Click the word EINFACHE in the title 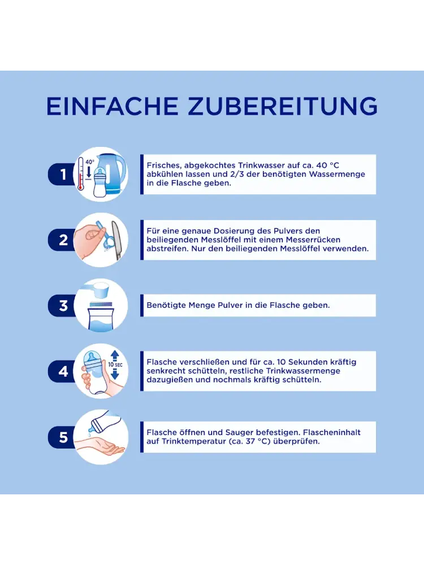pyautogui.click(x=112, y=106)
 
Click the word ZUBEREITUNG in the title pyautogui.click(x=283, y=106)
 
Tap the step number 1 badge pyautogui.click(x=62, y=175)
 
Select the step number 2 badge pyautogui.click(x=62, y=240)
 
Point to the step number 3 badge pyautogui.click(x=62, y=306)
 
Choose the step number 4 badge pyautogui.click(x=62, y=371)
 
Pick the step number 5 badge pyautogui.click(x=62, y=437)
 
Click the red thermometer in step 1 pyautogui.click(x=81, y=173)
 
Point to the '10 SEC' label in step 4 pyautogui.click(x=115, y=364)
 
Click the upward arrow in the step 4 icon pyautogui.click(x=115, y=356)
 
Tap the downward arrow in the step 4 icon pyautogui.click(x=115, y=374)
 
